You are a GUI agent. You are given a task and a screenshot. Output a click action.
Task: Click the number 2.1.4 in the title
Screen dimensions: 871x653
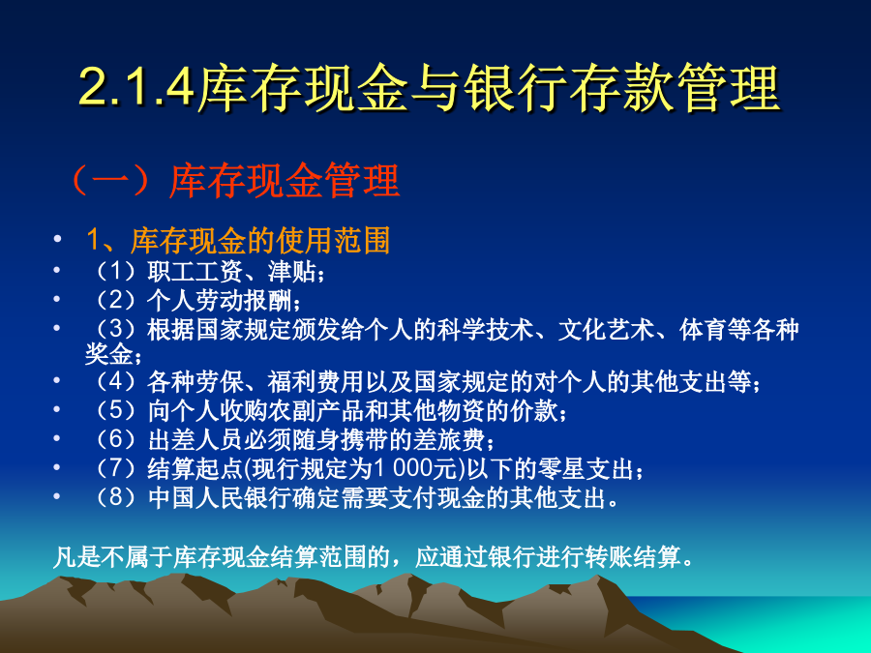pos(136,87)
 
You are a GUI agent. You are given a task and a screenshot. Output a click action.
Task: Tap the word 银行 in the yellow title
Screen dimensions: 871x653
pos(516,87)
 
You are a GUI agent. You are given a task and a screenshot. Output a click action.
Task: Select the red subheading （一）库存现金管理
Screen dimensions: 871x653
pos(234,181)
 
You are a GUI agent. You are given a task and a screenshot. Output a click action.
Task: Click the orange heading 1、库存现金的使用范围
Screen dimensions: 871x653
pos(238,241)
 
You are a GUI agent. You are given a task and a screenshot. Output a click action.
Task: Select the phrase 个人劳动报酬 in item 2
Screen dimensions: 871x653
pos(220,301)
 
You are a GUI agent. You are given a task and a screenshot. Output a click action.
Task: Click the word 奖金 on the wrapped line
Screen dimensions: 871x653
pos(108,355)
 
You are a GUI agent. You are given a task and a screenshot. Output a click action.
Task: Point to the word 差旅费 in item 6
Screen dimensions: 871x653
pos(449,439)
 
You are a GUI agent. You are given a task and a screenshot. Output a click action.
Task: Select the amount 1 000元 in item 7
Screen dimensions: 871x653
pos(418,468)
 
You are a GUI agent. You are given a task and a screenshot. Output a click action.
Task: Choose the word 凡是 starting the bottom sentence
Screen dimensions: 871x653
pos(76,556)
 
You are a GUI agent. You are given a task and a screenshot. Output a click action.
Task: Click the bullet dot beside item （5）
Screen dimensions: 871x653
pos(57,410)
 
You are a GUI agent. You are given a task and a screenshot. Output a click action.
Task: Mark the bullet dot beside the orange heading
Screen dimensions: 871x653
pos(57,239)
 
